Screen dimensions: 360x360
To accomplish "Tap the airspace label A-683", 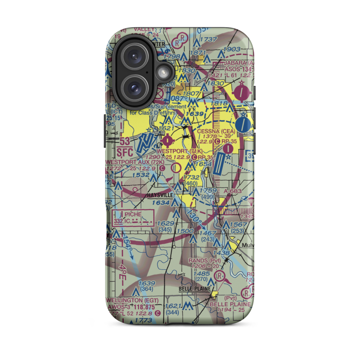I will click(x=235, y=191).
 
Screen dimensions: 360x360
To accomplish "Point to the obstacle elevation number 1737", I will click(x=209, y=39).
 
